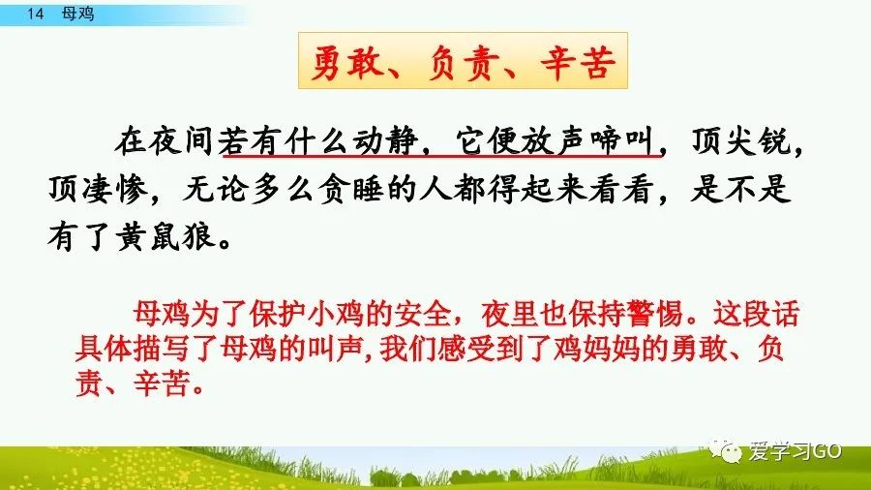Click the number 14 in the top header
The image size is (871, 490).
[x=37, y=15]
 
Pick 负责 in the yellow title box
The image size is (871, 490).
[x=461, y=65]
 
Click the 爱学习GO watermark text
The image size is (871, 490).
[x=796, y=451]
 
